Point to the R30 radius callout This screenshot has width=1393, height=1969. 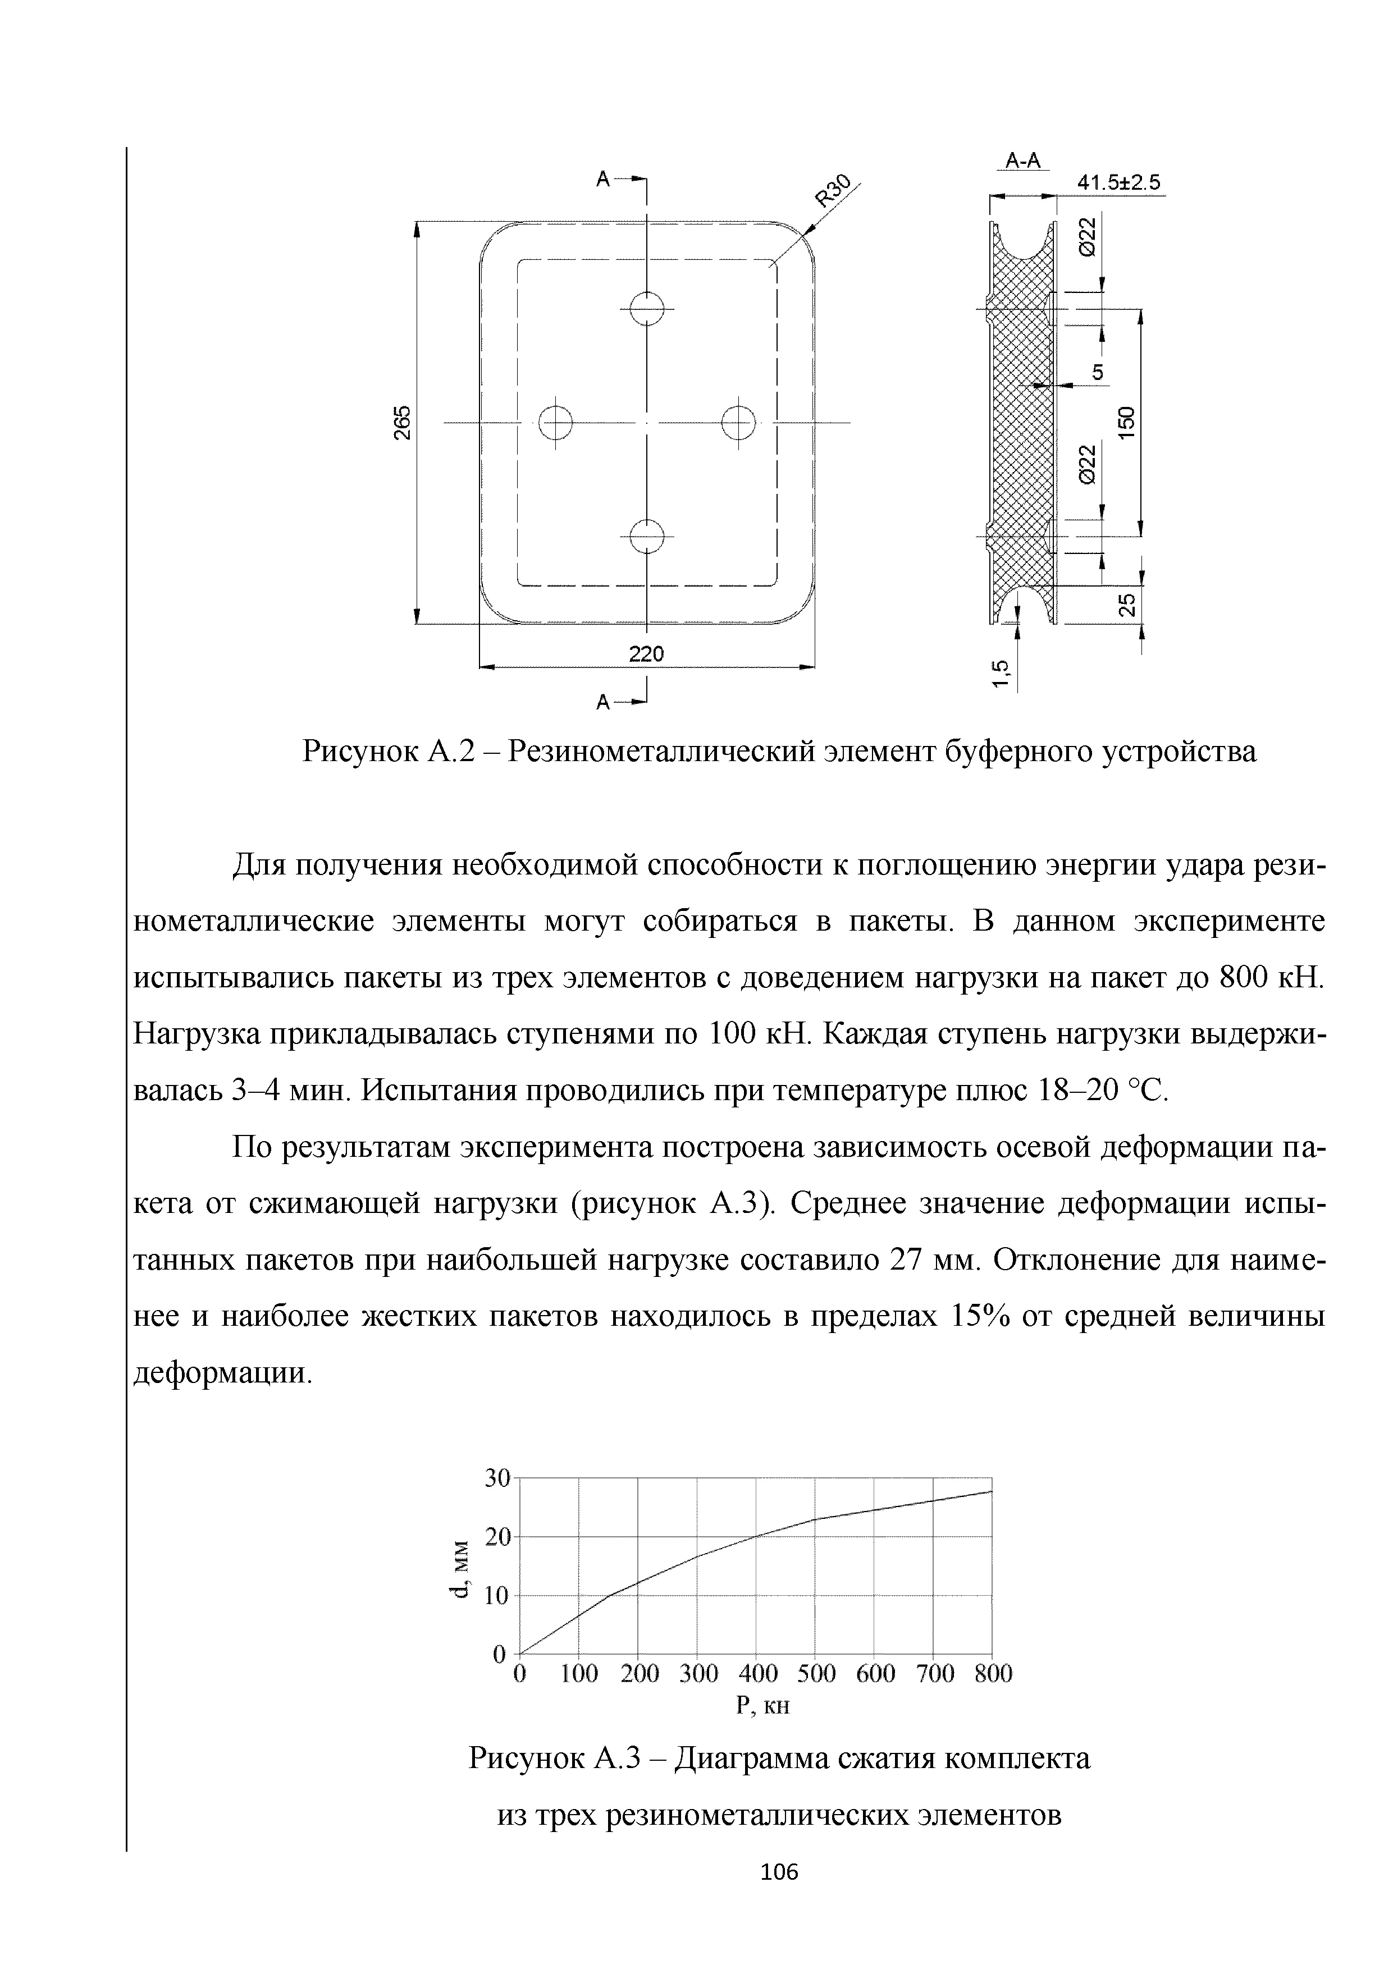tap(833, 190)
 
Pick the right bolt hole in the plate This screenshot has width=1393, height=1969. tap(738, 422)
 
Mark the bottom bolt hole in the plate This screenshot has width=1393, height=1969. tap(647, 536)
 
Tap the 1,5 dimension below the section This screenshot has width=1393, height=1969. tap(999, 673)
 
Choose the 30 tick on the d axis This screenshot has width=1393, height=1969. tap(497, 1478)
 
